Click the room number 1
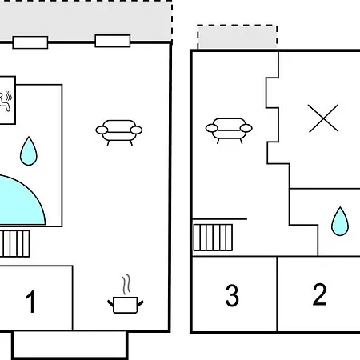(x=31, y=302)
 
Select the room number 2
(x=319, y=294)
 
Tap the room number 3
(x=232, y=295)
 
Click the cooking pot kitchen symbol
(x=126, y=305)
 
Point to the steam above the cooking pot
(x=126, y=284)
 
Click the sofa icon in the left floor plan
(x=119, y=133)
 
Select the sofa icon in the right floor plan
(x=229, y=130)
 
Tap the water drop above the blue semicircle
(x=29, y=151)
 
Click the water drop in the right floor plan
(x=340, y=221)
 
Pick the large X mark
(x=323, y=118)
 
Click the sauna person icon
(x=6, y=101)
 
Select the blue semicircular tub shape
(x=22, y=201)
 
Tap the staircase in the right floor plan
(x=213, y=238)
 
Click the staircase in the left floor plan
(x=14, y=244)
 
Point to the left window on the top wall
(x=30, y=42)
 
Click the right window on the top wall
(x=113, y=41)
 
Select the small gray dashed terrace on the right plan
(x=238, y=37)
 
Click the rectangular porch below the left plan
(x=70, y=345)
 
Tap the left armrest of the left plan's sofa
(x=102, y=130)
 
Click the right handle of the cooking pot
(x=140, y=303)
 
